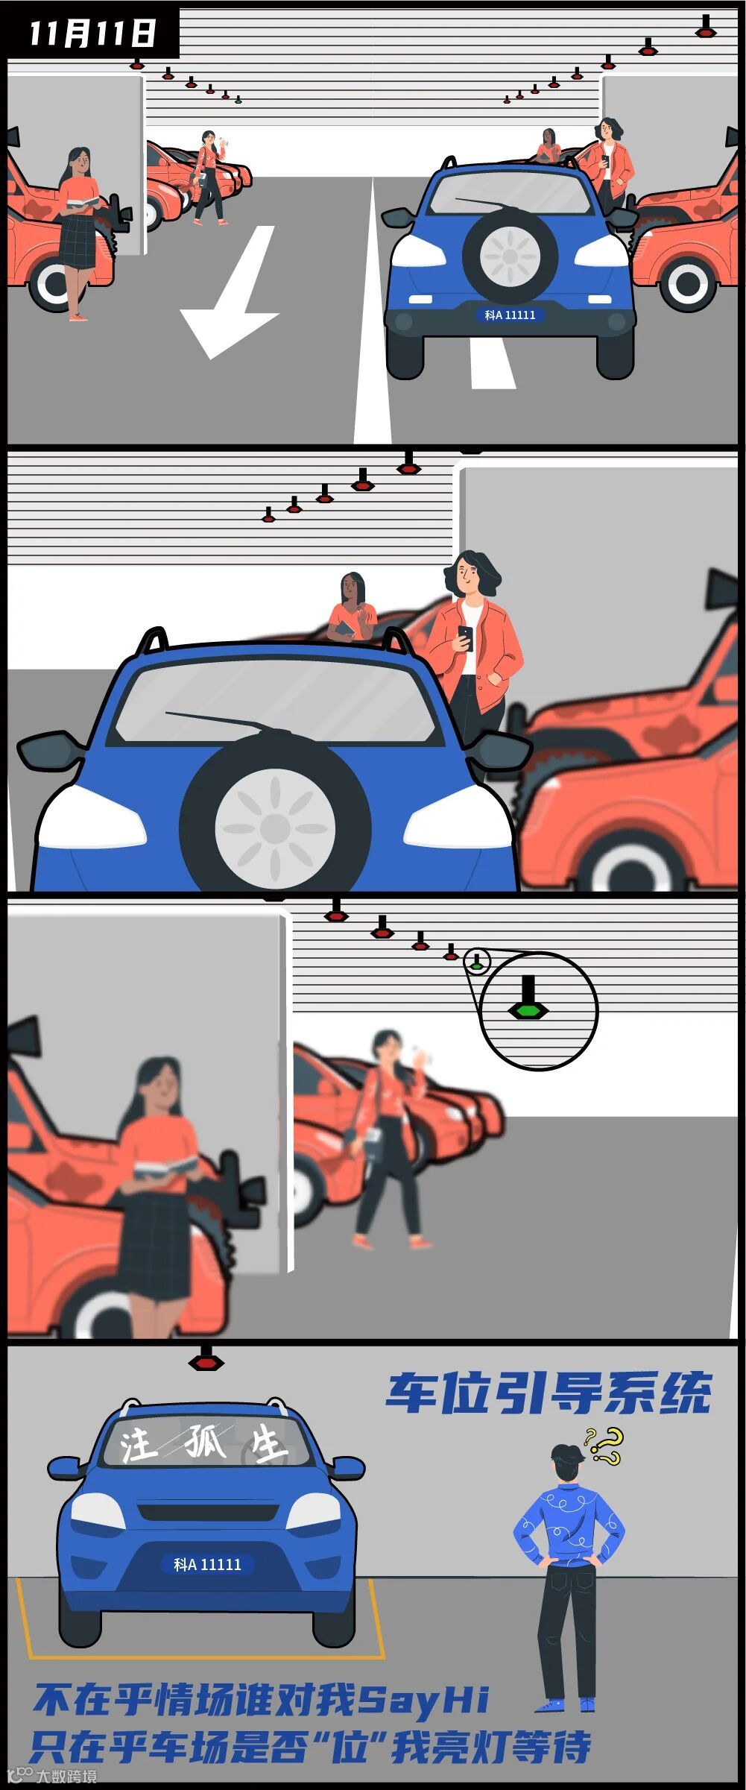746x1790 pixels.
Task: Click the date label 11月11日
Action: [x=93, y=34]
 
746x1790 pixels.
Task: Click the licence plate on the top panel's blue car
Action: [x=510, y=315]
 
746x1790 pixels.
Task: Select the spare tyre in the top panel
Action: [x=510, y=256]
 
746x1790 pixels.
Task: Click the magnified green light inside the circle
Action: [x=528, y=1010]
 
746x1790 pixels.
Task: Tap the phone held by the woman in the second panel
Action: [x=466, y=638]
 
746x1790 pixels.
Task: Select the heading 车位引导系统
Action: [x=549, y=1393]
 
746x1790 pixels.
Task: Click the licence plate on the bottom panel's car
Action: [x=207, y=1564]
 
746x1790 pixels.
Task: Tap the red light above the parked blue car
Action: [x=205, y=1361]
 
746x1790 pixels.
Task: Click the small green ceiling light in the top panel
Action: [x=238, y=99]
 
